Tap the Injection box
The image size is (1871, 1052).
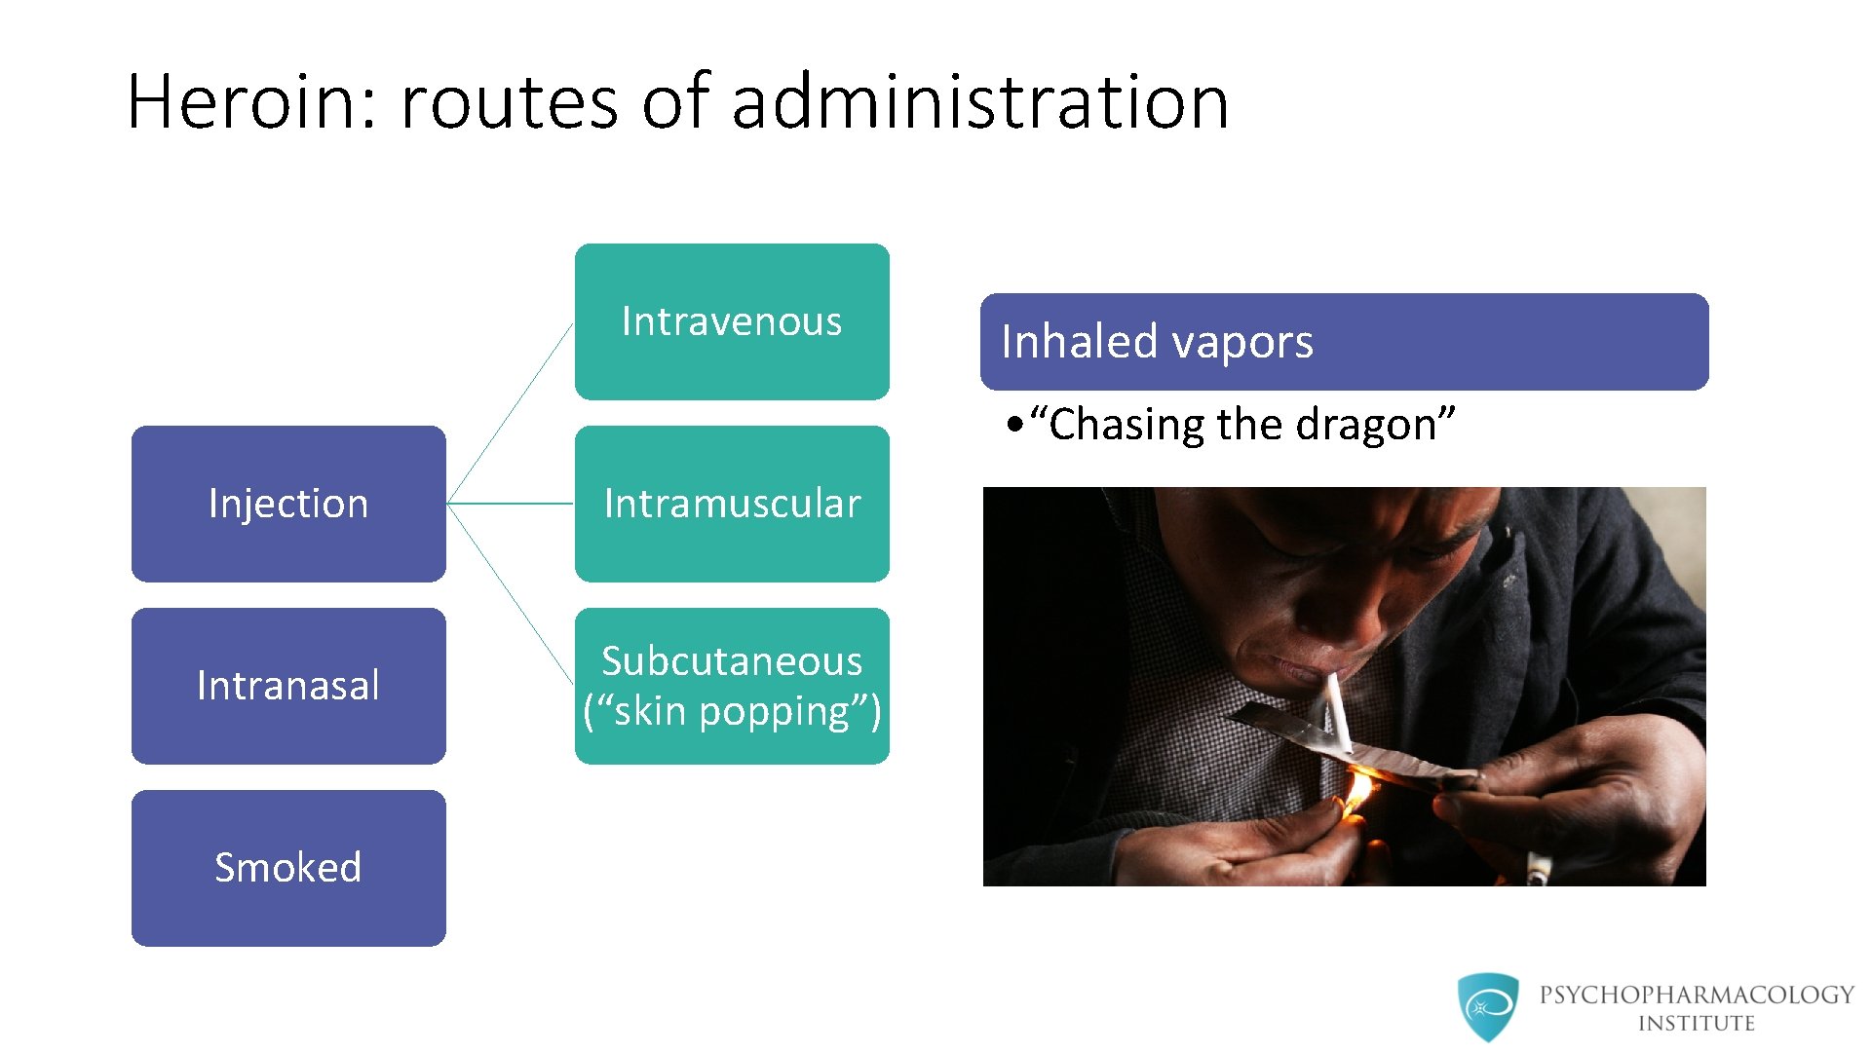pos(288,504)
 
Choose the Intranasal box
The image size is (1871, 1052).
pos(288,686)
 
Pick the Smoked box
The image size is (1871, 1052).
pos(288,868)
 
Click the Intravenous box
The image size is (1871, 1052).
pos(732,321)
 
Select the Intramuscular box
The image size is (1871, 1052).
pos(732,504)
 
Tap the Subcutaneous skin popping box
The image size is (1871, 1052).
pos(732,686)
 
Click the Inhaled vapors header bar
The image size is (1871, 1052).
pos(1344,342)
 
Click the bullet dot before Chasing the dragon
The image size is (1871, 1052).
pos(1016,425)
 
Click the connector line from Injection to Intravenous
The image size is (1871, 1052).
pos(510,414)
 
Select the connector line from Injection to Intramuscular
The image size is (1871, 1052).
pos(510,504)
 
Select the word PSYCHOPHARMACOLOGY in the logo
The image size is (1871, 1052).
pos(1697,995)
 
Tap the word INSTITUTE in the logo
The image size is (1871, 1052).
pos(1696,1024)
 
